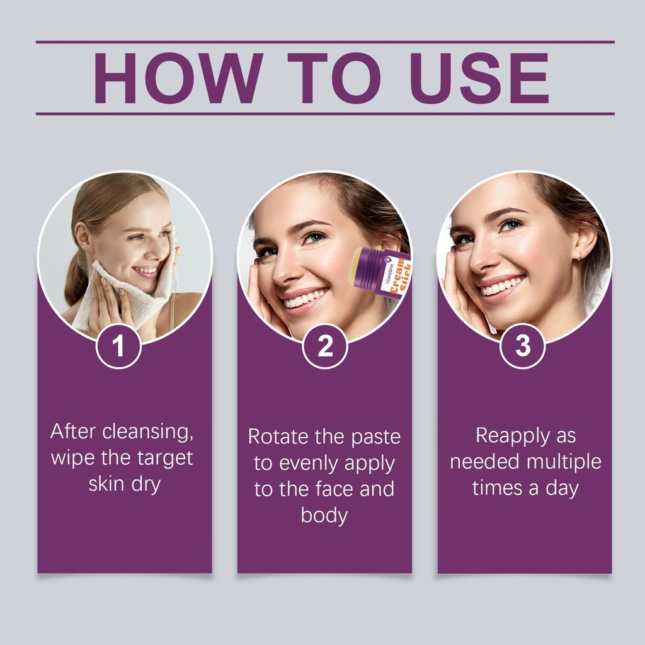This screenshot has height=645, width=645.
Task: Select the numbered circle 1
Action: point(118,346)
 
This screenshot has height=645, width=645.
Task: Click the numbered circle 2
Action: point(325,346)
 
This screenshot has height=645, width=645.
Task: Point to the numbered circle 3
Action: point(522,346)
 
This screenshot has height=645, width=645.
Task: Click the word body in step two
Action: point(324,516)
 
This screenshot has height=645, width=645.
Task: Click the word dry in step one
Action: point(146,484)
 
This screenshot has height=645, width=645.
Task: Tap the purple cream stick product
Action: point(379,271)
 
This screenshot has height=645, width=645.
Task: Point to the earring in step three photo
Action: point(579,257)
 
